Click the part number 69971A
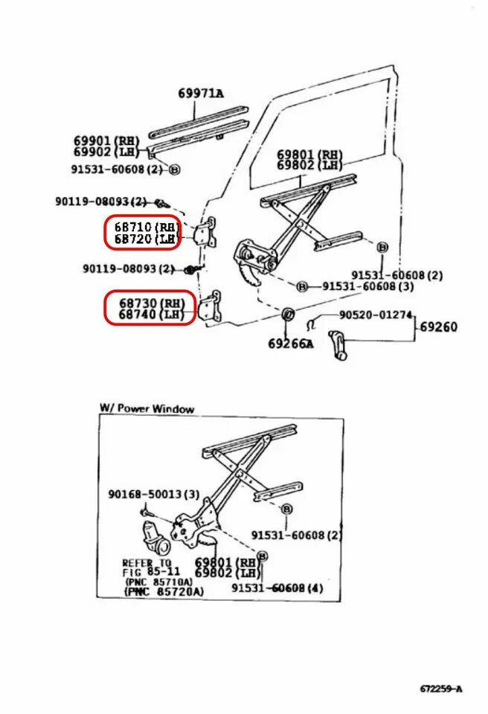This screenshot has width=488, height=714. (x=200, y=94)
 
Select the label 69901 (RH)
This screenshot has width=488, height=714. (x=106, y=140)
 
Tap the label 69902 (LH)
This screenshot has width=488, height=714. (x=106, y=152)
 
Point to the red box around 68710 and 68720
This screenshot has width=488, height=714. (x=142, y=232)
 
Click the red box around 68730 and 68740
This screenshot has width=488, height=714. (x=150, y=308)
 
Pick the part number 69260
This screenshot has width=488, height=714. (x=438, y=327)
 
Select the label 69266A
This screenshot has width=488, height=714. (x=290, y=344)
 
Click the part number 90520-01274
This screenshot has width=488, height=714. (x=376, y=315)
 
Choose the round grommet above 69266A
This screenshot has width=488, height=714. (x=288, y=316)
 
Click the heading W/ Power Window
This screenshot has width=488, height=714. (x=147, y=408)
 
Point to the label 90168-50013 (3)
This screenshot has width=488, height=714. (x=153, y=495)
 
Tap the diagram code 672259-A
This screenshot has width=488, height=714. (x=440, y=689)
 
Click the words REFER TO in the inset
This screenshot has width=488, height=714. (x=147, y=563)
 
